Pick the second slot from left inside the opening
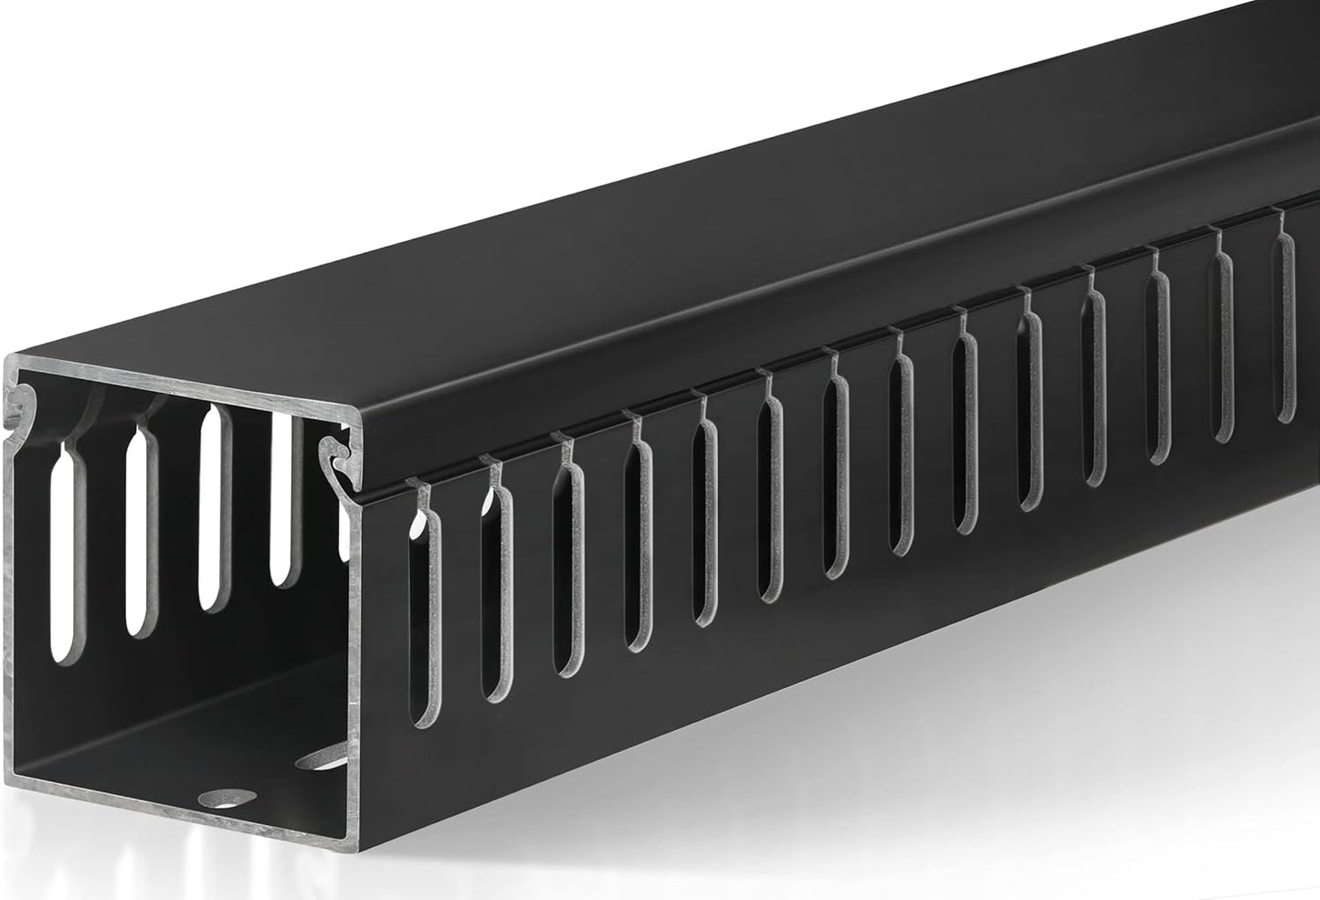[140, 530]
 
